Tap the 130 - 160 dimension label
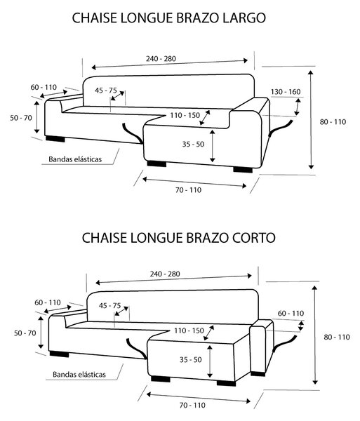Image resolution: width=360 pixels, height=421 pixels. click(286, 92)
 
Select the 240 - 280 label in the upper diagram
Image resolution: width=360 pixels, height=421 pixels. click(161, 58)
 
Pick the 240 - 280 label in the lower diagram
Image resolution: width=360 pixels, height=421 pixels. click(165, 274)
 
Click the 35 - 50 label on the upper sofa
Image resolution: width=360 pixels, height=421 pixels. click(193, 144)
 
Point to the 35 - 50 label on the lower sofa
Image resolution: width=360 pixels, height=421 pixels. click(191, 359)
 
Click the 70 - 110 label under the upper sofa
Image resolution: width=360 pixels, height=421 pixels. click(189, 190)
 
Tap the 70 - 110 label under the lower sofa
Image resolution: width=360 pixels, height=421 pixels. click(192, 405)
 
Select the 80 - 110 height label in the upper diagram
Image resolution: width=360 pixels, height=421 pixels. click(333, 122)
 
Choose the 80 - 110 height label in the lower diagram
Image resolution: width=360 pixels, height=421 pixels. click(337, 337)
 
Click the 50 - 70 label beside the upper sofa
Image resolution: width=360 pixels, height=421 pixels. click(21, 118)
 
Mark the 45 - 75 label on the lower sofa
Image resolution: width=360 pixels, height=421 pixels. click(109, 305)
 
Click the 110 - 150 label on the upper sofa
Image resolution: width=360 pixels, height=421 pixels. click(185, 116)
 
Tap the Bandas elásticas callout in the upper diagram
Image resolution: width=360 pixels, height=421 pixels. click(75, 159)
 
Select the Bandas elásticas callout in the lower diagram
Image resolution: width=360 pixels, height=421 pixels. click(79, 375)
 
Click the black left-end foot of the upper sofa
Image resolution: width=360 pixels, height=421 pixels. click(55, 139)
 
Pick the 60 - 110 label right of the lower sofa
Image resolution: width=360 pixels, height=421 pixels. click(291, 314)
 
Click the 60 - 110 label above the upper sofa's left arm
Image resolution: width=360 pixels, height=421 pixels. click(44, 87)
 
